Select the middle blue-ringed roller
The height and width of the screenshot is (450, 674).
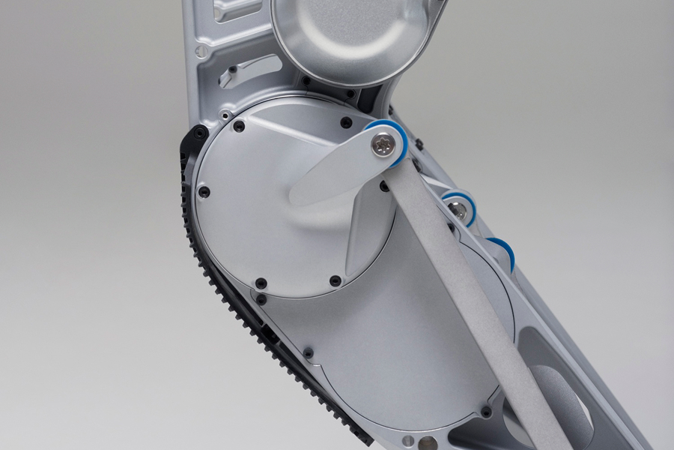click(x=459, y=208)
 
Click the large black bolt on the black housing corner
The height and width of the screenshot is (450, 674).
click(x=199, y=134)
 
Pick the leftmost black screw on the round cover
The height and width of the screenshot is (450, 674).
click(x=203, y=192)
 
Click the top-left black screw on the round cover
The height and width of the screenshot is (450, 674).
click(x=238, y=126)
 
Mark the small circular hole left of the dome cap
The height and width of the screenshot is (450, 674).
click(x=201, y=51)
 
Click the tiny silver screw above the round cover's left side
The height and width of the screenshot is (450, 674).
click(x=224, y=115)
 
